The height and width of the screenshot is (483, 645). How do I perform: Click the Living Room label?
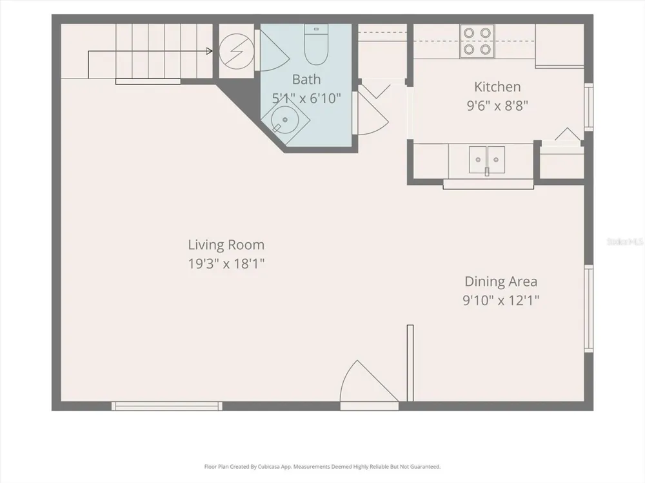tap(226, 245)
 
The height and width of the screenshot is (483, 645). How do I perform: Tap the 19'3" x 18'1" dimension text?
tap(226, 263)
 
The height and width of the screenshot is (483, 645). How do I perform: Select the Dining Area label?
tap(501, 281)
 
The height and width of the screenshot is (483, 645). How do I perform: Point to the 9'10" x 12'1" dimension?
tap(501, 300)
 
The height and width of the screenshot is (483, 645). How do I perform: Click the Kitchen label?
tap(497, 87)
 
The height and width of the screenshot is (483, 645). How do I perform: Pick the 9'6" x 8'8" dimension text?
tap(497, 106)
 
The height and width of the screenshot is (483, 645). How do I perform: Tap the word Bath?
tap(306, 79)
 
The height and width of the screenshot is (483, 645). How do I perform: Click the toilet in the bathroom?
tap(316, 44)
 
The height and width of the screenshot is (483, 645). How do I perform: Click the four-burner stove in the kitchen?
tap(477, 41)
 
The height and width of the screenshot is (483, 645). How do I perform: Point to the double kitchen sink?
tap(487, 159)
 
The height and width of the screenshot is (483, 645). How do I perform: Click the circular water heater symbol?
tap(237, 52)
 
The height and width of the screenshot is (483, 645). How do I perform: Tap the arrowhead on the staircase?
tap(210, 52)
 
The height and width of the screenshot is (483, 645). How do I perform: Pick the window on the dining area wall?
tap(589, 308)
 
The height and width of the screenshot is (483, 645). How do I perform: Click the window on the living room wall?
tap(166, 406)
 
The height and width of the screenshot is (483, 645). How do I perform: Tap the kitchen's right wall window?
tap(589, 107)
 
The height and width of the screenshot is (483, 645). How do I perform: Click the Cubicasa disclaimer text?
tap(322, 466)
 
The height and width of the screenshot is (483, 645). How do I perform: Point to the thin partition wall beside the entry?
tap(410, 363)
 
